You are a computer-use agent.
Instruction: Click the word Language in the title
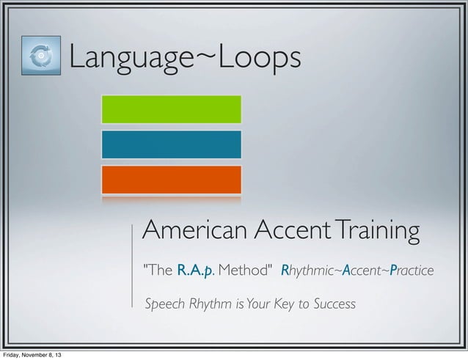coord(131,58)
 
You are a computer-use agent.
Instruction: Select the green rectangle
coord(171,109)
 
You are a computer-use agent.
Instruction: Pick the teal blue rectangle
coord(171,144)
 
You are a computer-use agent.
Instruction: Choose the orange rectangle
coord(171,180)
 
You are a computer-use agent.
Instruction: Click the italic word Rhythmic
coord(307,272)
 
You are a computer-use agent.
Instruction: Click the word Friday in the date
coord(14,355)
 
